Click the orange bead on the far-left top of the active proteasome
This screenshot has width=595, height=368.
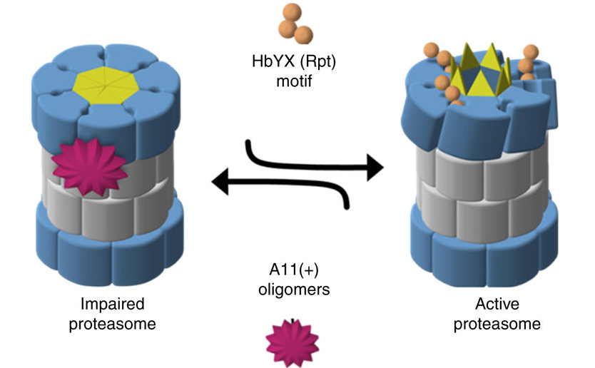click(430, 51)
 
